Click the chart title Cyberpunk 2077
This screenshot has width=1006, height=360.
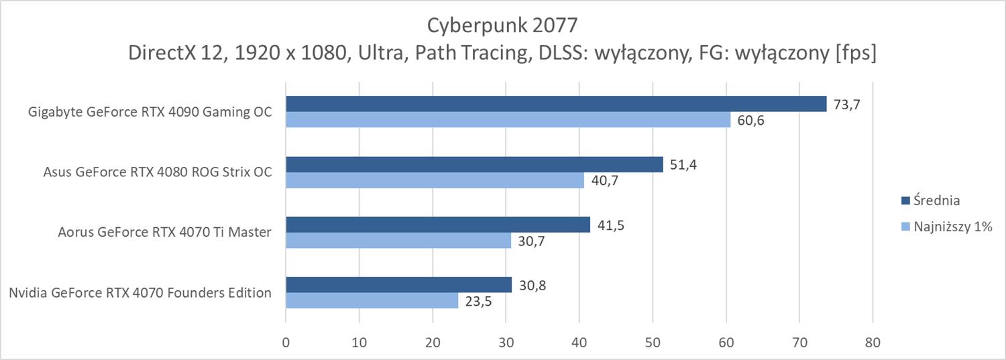tap(502, 25)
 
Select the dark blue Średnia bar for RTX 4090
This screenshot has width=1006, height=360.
tap(556, 104)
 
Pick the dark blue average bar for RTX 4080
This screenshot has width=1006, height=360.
tap(474, 164)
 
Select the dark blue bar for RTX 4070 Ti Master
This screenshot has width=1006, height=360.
tap(438, 225)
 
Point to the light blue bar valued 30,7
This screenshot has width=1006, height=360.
tap(398, 240)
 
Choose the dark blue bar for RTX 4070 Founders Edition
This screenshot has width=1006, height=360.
tap(398, 285)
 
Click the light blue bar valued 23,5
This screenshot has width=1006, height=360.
tap(372, 300)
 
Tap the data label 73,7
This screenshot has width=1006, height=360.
tap(847, 105)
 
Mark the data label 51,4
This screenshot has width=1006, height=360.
tap(683, 165)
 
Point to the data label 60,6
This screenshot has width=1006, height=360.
tap(751, 121)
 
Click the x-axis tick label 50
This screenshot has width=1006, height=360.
tap(653, 343)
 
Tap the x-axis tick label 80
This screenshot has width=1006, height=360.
tap(872, 343)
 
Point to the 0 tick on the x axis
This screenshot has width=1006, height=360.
tap(286, 343)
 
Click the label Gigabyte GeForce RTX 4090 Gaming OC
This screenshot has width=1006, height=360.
tap(150, 112)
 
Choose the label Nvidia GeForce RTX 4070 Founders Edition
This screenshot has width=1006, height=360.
tap(140, 293)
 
